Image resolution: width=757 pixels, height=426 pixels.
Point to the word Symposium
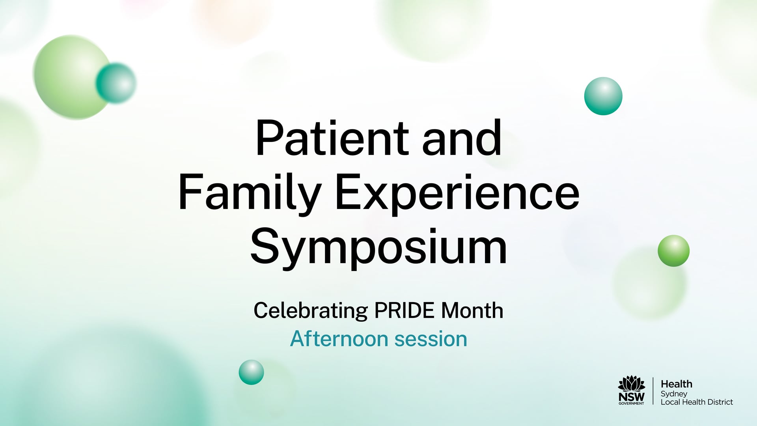point(378,248)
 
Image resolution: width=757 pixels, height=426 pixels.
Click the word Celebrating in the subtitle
point(310,311)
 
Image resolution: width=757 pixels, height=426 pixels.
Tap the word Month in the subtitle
point(472,311)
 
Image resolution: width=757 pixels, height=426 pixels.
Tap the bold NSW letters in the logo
point(631,396)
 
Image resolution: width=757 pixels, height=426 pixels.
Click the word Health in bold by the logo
point(676,384)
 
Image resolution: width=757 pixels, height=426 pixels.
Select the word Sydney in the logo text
point(673,394)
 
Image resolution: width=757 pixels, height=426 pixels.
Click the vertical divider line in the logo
point(653,390)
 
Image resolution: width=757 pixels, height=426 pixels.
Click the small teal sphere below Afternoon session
point(251,372)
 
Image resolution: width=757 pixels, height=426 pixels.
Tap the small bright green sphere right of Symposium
point(673,251)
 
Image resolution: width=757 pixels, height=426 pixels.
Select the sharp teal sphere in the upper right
point(603,96)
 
